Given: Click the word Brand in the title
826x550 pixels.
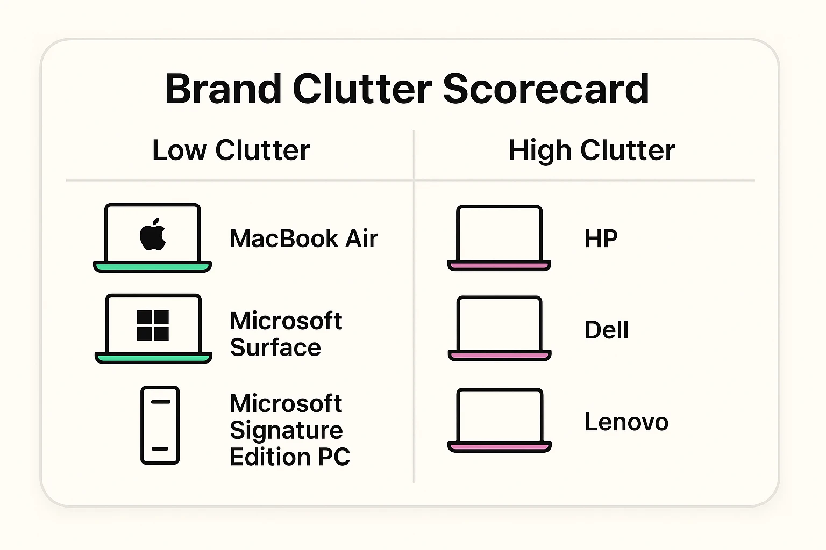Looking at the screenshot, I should point(223,89).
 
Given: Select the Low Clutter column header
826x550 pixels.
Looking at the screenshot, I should point(231,150).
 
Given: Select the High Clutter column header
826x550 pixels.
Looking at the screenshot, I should point(592,150).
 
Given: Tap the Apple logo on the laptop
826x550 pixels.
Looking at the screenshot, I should point(153,235).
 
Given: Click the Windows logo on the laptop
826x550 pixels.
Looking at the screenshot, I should point(153,325).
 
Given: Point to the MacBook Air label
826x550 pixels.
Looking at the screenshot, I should point(303,239).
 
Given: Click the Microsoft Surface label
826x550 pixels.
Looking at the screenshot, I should point(286,334).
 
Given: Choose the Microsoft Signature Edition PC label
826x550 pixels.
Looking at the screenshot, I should point(289,430).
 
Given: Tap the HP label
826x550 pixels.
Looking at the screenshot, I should point(601,239).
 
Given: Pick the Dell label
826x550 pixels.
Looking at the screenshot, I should point(606,330).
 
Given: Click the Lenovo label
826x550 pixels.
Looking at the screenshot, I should point(626,422).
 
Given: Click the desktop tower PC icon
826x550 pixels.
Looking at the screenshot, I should point(160,425).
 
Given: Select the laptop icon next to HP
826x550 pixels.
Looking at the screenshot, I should point(499,237).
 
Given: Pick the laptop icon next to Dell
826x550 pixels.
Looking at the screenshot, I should point(499,328).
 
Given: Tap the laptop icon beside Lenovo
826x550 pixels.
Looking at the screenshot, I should point(499,419).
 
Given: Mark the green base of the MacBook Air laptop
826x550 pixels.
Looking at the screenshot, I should point(152,266).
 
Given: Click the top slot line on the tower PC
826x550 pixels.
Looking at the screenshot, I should point(160,402).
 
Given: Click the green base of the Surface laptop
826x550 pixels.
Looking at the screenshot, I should point(153,358).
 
